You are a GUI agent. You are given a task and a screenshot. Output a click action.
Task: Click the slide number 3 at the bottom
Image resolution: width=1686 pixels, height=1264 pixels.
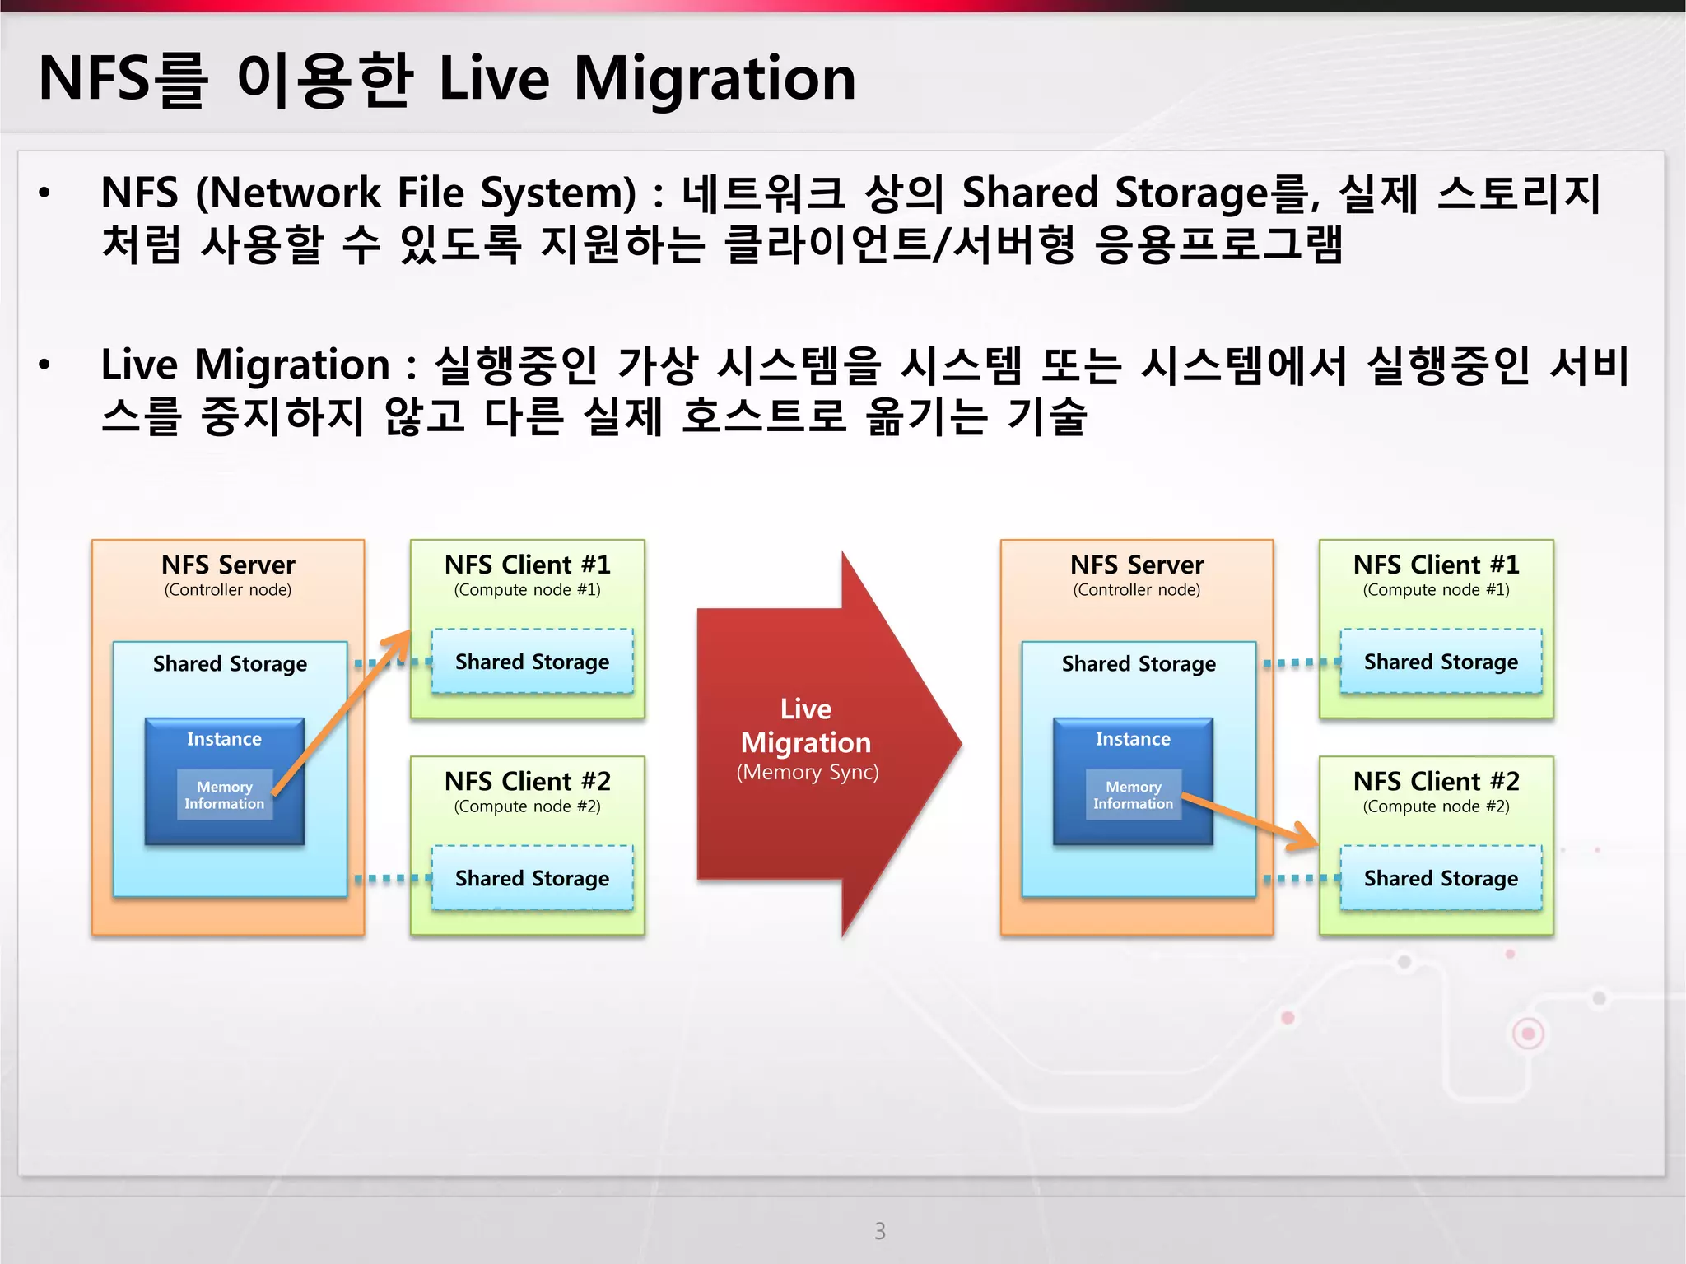point(879,1231)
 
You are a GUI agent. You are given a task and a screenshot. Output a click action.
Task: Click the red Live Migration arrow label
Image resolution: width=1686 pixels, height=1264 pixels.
point(806,727)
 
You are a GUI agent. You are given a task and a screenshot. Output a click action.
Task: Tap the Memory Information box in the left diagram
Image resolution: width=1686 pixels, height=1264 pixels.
point(224,795)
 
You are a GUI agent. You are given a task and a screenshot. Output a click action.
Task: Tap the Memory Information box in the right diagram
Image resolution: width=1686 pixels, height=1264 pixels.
point(1133,795)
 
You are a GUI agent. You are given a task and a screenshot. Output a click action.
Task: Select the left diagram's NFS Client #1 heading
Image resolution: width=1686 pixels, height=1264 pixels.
point(527,565)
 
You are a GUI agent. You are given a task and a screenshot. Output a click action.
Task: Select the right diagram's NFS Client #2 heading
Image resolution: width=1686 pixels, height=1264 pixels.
point(1436,781)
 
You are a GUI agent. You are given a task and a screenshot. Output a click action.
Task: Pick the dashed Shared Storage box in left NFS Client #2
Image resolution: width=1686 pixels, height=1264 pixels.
point(532,878)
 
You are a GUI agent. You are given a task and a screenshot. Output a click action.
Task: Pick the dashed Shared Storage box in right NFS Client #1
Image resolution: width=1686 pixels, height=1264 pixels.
point(1441,662)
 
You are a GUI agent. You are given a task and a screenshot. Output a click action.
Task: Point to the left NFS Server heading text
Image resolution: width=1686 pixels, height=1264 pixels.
point(228,565)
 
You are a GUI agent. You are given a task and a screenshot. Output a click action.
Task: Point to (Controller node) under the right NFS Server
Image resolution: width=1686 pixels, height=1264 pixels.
point(1136,590)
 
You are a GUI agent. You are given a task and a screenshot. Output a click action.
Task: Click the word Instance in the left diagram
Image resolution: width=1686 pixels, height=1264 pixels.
point(224,739)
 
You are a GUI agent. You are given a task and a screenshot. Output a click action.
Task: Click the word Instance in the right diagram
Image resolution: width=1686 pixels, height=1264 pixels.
point(1133,739)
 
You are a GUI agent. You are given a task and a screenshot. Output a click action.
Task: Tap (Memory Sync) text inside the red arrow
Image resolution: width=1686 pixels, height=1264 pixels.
point(807,773)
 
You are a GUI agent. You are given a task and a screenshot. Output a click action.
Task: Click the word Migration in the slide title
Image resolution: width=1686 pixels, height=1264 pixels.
point(715,79)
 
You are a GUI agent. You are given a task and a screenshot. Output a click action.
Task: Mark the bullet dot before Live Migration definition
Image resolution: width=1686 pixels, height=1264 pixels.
point(44,365)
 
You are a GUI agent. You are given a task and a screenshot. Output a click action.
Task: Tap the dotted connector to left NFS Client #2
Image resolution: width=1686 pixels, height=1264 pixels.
point(392,879)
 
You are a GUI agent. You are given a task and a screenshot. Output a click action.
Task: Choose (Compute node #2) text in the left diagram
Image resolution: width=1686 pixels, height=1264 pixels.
point(527,806)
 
